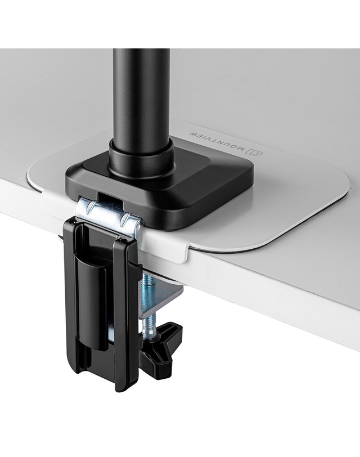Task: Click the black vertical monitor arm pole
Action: tap(142, 96)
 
